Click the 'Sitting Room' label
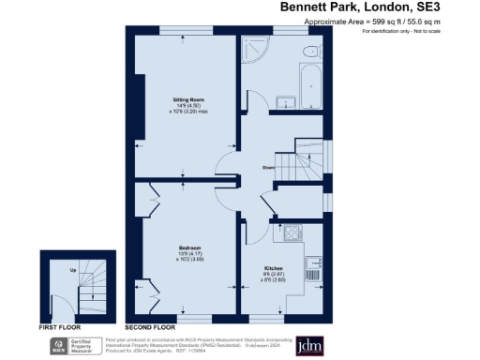188,98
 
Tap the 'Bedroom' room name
190,247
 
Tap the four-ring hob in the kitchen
293,233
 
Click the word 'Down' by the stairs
268,169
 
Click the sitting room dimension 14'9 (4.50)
188,105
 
